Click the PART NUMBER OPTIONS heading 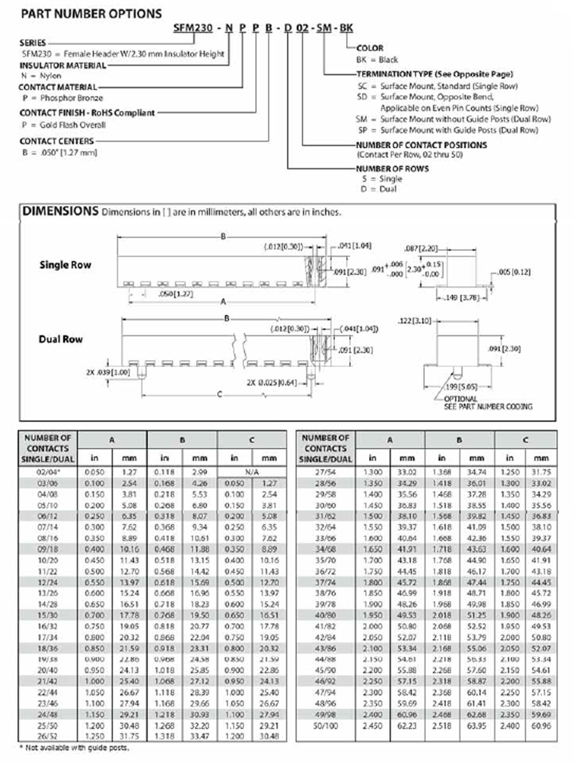[x=92, y=14]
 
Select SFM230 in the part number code [x=193, y=28]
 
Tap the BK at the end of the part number [x=346, y=28]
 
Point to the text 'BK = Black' [x=377, y=60]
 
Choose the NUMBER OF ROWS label [x=392, y=169]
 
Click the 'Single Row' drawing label [x=65, y=265]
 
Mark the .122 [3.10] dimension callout [x=415, y=321]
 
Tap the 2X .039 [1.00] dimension [x=108, y=373]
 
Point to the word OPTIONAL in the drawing [x=460, y=399]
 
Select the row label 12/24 [x=48, y=582]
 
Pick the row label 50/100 [x=325, y=726]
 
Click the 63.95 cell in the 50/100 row [x=477, y=726]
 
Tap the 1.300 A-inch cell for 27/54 [x=372, y=472]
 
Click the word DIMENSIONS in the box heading [x=60, y=211]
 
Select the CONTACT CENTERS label [x=57, y=141]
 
